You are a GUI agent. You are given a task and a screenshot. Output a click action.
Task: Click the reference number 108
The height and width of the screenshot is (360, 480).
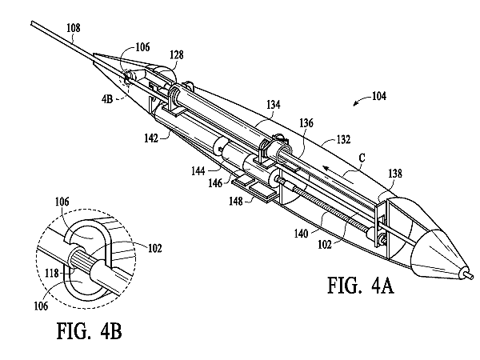(x=74, y=28)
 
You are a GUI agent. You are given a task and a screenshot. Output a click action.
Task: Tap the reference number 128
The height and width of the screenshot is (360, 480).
(x=177, y=54)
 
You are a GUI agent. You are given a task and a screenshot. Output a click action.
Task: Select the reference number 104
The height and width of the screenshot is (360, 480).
(x=379, y=96)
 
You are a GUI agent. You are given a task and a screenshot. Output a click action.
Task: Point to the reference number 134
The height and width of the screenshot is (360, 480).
(x=273, y=105)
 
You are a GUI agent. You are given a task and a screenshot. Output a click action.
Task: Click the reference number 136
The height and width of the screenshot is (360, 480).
(x=306, y=123)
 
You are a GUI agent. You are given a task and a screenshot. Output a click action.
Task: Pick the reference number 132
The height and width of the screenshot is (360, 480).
(x=343, y=139)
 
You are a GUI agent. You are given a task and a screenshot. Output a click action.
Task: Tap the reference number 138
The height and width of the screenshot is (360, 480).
(x=395, y=174)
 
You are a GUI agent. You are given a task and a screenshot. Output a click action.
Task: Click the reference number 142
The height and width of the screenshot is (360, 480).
(x=151, y=138)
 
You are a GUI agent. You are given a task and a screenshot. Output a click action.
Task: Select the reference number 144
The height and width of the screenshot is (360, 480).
(x=198, y=171)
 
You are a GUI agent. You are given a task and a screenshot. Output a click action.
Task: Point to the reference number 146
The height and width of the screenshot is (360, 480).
(x=215, y=183)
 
